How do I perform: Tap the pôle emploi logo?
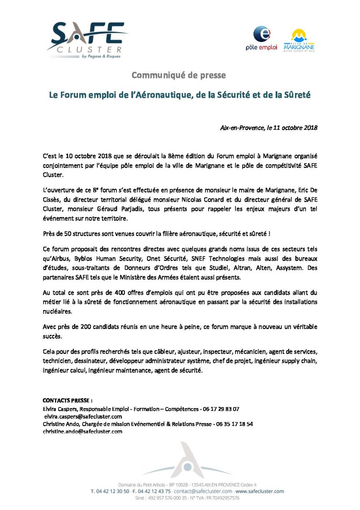(262, 38)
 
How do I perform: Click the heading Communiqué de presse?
(179, 75)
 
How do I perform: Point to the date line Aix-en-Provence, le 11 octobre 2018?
(269, 128)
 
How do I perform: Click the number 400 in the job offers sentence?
(120, 293)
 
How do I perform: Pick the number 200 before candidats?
(86, 327)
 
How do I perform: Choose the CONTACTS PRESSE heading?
(68, 400)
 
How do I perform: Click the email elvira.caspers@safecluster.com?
(83, 417)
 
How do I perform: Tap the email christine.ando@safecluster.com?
(83, 432)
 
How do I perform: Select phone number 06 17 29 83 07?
(221, 409)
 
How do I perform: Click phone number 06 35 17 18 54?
(234, 424)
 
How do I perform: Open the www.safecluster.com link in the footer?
(259, 491)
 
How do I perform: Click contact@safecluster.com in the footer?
(203, 491)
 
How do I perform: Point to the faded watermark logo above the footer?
(187, 461)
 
